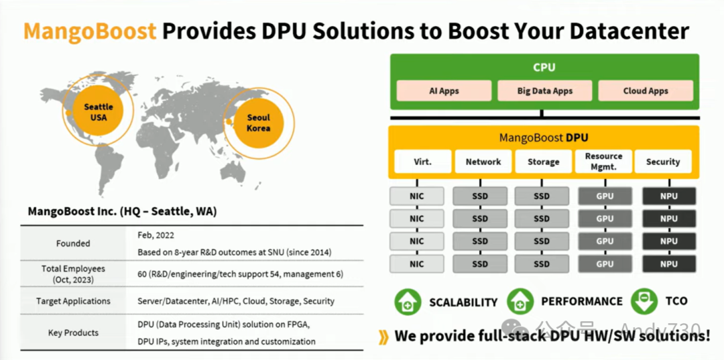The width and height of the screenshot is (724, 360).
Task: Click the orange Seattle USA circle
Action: coord(99,112)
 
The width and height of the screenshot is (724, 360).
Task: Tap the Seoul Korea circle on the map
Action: coord(258,123)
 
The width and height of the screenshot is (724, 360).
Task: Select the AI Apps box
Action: coord(444,91)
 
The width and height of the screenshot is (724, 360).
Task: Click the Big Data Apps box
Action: coord(545,91)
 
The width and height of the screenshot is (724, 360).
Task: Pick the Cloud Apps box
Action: coord(646,91)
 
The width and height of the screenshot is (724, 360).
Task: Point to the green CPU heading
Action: coord(544,68)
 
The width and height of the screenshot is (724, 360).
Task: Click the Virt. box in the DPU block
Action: coord(422,162)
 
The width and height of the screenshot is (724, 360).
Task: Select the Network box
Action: coord(483,162)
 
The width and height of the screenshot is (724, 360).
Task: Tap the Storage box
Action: coord(543,162)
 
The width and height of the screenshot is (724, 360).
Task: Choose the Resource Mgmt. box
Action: coord(603,162)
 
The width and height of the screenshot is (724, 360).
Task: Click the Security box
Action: coord(663,162)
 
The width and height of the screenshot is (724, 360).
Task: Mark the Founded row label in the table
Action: coord(73,243)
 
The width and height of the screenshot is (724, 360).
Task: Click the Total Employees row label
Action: coord(73,274)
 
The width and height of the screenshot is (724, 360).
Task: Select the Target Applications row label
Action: coord(73,301)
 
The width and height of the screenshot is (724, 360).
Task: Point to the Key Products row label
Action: coord(73,333)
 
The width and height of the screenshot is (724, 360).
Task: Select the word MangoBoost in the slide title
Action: coord(90,30)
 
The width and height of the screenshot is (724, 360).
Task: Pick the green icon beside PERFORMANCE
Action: coord(520,301)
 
